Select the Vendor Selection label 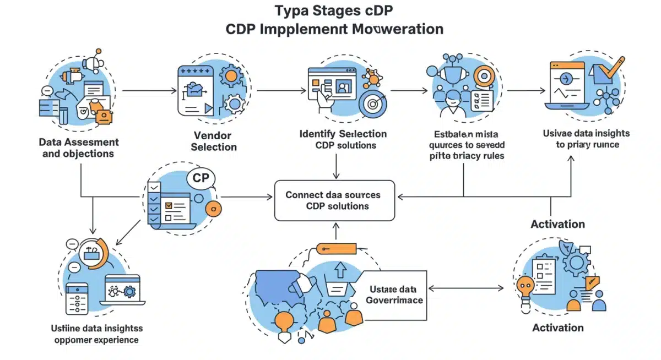tap(214, 141)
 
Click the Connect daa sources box tap(334, 200)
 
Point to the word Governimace tap(394, 300)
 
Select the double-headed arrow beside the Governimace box tap(466, 288)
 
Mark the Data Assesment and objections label tap(78, 148)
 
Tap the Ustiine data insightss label tap(95, 334)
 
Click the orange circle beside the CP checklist tap(213, 208)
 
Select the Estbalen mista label tap(467, 144)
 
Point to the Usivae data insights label tap(587, 139)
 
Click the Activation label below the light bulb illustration tap(557, 328)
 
